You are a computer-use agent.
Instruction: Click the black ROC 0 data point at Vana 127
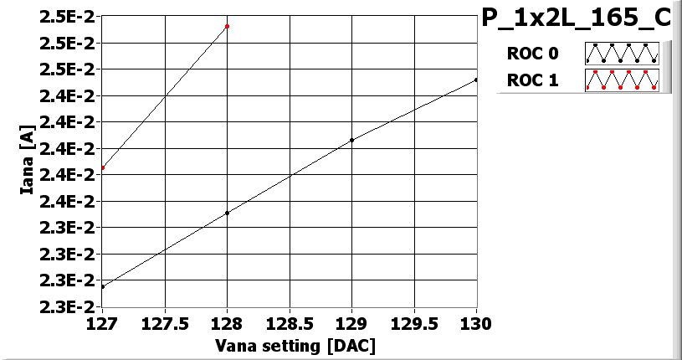tap(102, 287)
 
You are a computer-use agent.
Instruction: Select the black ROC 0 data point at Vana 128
tap(228, 213)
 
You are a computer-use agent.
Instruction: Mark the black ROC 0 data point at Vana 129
tap(351, 140)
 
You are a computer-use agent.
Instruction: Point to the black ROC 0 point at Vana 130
tap(476, 80)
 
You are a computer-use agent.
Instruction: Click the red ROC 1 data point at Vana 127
tap(102, 168)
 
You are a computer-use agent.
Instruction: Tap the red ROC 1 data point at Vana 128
tap(228, 27)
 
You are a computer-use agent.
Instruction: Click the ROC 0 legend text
tap(531, 54)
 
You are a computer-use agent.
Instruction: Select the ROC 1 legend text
tap(531, 80)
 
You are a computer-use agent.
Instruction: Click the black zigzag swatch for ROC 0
tap(622, 54)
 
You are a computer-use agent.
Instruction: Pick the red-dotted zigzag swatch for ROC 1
tap(622, 80)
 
